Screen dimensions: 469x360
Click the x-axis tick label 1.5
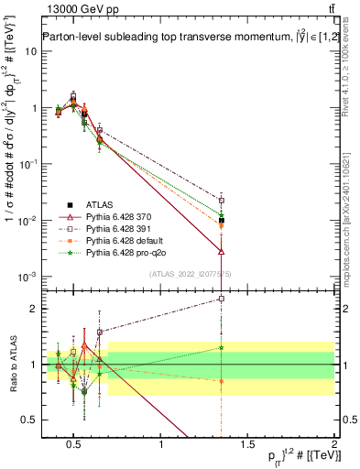247,444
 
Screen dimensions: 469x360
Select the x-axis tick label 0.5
74,444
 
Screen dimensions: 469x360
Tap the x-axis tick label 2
334,444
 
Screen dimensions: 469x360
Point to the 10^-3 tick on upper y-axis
26,277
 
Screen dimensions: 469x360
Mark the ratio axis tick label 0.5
27,420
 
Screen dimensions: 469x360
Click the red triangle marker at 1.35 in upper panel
222,251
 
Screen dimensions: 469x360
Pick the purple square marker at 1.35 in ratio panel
222,298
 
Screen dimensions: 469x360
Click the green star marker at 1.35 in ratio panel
222,347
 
